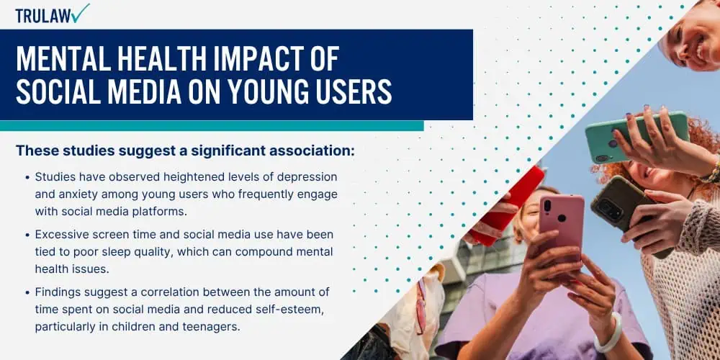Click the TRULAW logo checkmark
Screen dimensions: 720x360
[x=81, y=13]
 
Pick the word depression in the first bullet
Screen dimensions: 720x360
[x=302, y=177]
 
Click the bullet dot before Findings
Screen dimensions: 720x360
[x=27, y=292]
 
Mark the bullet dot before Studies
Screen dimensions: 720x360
[x=27, y=177]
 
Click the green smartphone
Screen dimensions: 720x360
[x=637, y=137]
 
